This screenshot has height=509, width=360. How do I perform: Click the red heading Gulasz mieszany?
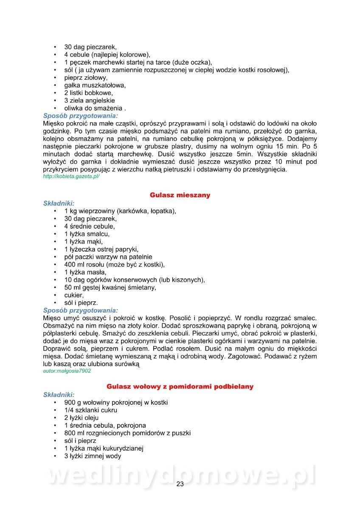[x=180, y=195]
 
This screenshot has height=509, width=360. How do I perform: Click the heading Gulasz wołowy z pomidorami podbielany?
[x=180, y=386]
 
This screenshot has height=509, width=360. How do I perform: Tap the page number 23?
[x=180, y=484]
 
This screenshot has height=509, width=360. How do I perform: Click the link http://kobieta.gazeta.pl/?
[x=71, y=176]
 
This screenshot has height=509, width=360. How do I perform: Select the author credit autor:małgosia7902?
[x=67, y=371]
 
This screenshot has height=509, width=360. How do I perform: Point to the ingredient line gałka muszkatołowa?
[x=95, y=85]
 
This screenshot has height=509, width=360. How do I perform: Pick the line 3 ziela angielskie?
[x=90, y=101]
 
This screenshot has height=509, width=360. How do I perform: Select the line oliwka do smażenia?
[x=95, y=108]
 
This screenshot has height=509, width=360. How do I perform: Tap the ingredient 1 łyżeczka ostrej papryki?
[x=101, y=249]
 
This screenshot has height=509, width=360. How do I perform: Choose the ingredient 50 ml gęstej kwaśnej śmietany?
[x=110, y=287]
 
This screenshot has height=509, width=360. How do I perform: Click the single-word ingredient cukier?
[x=74, y=295]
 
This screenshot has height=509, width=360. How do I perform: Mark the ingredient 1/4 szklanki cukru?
[x=91, y=410]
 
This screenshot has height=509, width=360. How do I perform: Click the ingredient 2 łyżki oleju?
[x=82, y=418]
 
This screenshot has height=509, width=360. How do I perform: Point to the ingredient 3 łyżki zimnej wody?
[x=93, y=456]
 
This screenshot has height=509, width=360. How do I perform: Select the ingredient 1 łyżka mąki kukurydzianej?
[x=104, y=448]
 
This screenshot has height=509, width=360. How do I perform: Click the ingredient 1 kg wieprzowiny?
[x=120, y=211]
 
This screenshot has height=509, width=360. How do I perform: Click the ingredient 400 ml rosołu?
[x=115, y=264]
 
